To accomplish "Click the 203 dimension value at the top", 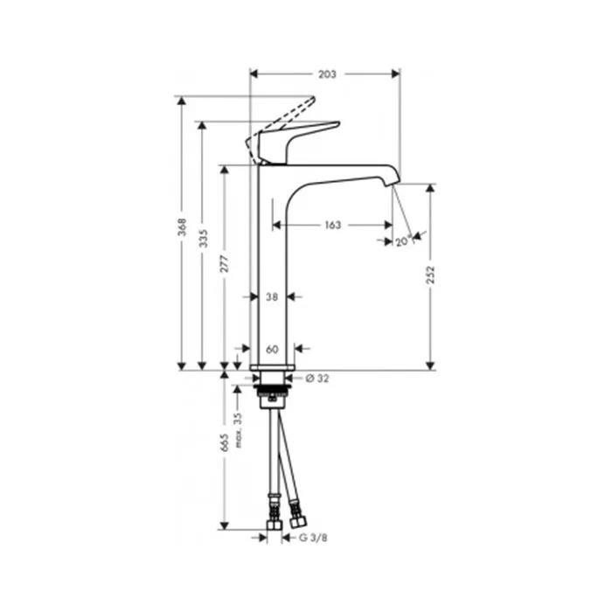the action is pos(327,74).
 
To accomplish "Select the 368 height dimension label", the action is pos(182,227).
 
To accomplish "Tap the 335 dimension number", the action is pos(203,238).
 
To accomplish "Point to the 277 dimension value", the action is pos(225,264).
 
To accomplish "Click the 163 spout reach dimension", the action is pos(333,226).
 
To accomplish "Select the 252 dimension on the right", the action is pos(430,275).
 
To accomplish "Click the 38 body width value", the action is pos(272,297).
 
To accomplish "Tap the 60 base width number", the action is pos(272,350).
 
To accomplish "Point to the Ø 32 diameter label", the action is pos(317,379).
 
